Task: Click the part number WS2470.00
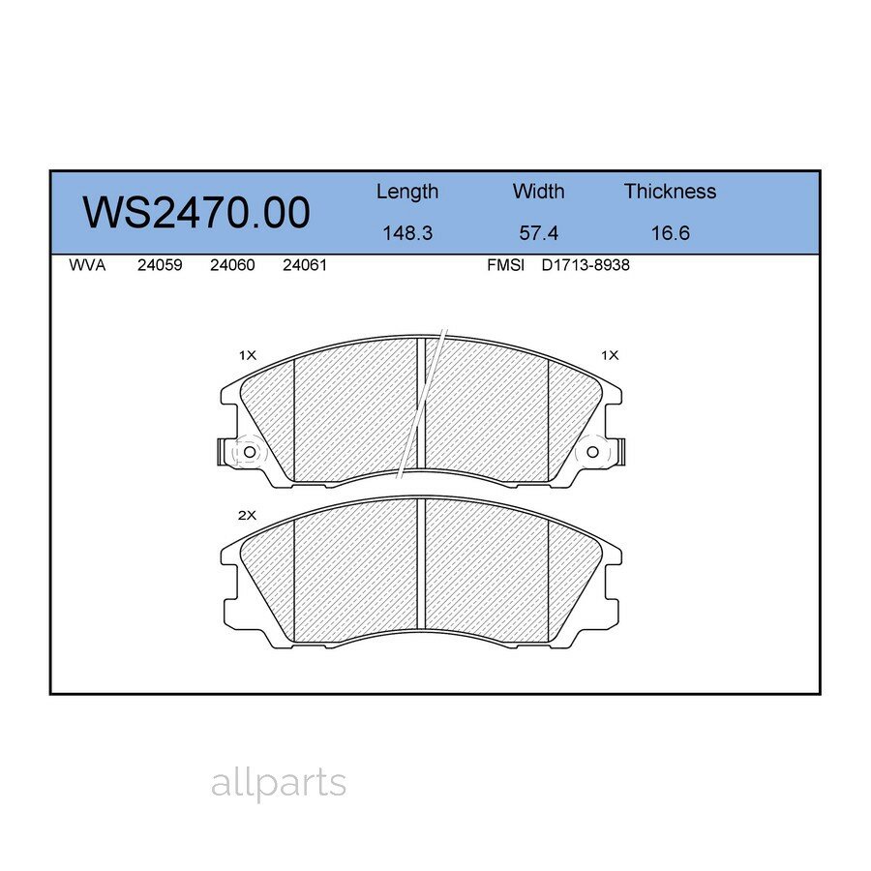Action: tap(196, 212)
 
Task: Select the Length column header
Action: tap(406, 192)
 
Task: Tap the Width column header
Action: tap(538, 192)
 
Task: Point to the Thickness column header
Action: tap(670, 192)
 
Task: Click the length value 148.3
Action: tap(406, 233)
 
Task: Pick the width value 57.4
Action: tap(538, 233)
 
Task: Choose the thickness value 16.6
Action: tap(670, 233)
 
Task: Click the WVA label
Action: tap(87, 265)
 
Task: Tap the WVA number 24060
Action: tap(232, 265)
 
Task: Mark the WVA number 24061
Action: tap(304, 265)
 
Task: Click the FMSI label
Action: tap(505, 265)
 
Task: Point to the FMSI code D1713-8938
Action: tap(586, 265)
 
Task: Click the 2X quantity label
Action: tap(247, 516)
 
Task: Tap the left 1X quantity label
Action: tap(247, 355)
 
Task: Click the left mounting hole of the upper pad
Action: tap(249, 452)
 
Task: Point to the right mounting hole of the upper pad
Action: tap(593, 452)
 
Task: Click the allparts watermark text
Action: tap(278, 783)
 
